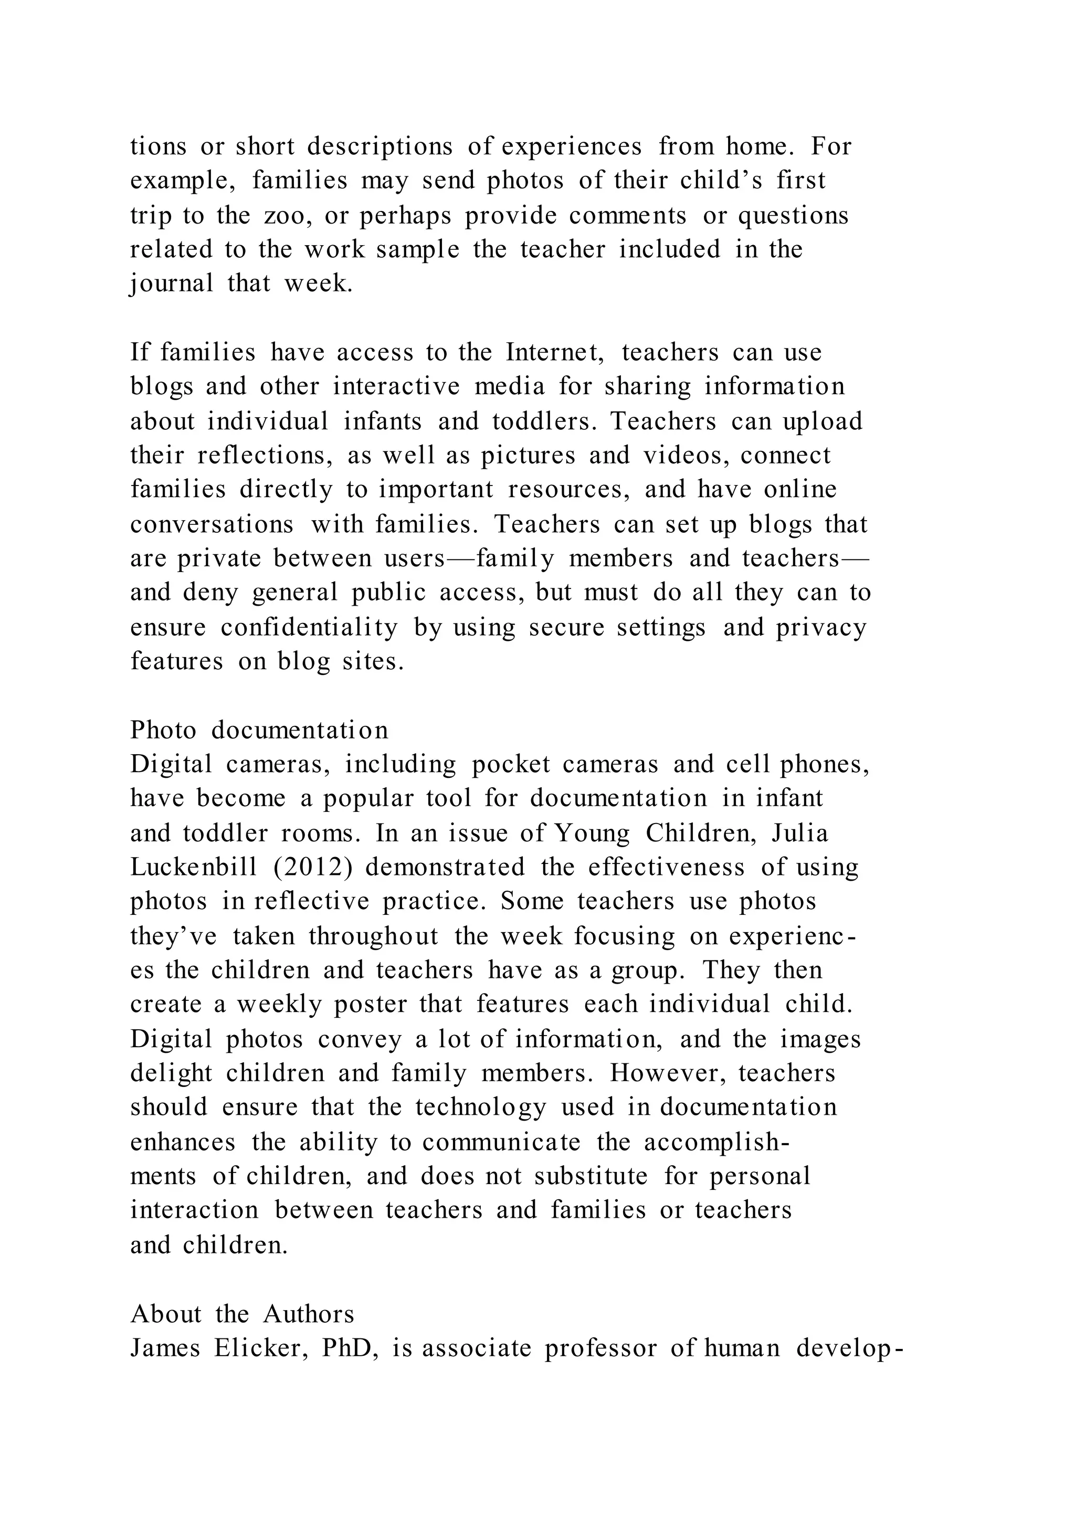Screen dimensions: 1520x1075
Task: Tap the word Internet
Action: (x=554, y=352)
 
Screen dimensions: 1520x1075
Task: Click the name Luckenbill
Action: (x=193, y=867)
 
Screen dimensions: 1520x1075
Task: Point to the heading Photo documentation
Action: (x=259, y=730)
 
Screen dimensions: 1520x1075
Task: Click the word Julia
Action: (x=799, y=833)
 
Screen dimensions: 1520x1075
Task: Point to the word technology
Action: (x=481, y=1107)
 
